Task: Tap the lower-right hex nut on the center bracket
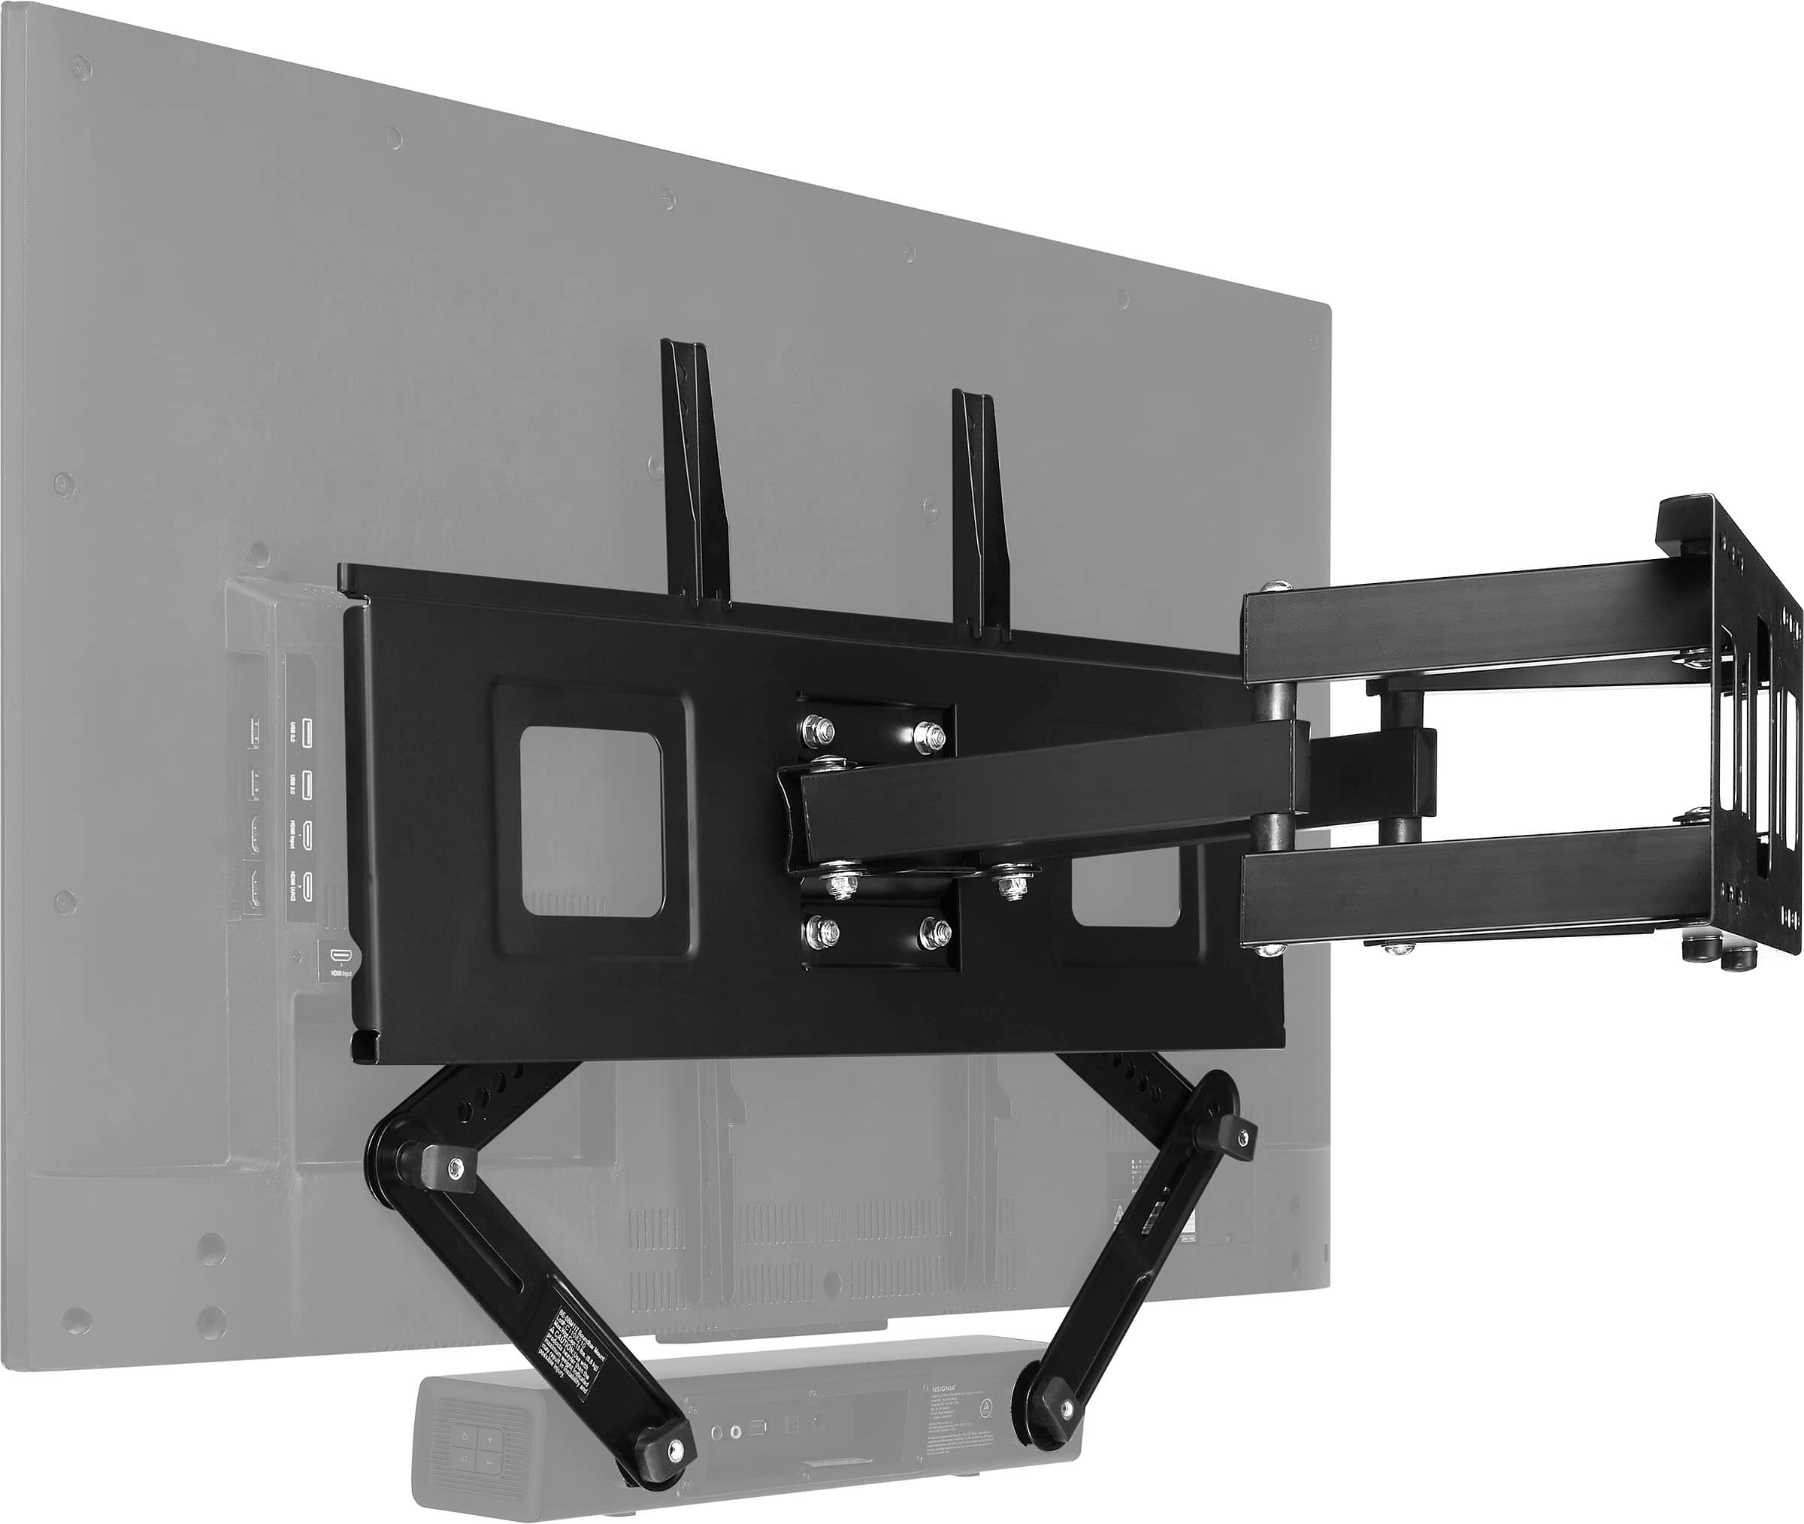click(x=933, y=930)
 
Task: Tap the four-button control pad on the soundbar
click(x=479, y=1451)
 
